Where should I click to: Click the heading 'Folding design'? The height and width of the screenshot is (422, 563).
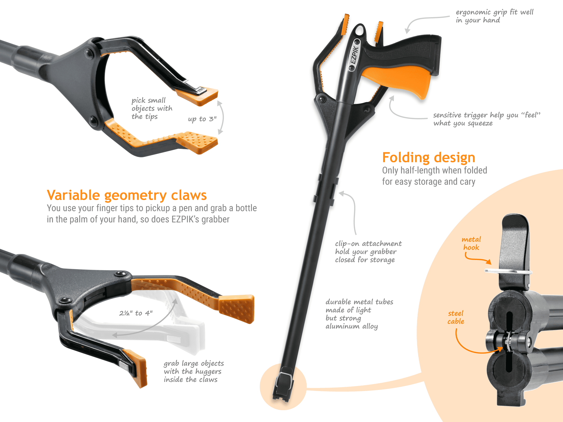[429, 158]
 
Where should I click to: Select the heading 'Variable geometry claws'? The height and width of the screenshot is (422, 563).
[127, 195]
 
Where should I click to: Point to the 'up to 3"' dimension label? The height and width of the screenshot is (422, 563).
[202, 119]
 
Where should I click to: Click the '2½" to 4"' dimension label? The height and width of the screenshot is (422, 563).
[136, 313]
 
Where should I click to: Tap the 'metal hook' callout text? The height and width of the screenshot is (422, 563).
[471, 243]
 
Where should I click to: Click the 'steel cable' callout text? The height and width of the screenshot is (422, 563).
[456, 317]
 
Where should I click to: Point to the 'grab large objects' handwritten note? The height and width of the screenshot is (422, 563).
[194, 372]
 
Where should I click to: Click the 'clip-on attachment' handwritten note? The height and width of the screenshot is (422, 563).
[368, 252]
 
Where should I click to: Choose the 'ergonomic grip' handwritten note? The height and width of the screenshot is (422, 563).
[495, 16]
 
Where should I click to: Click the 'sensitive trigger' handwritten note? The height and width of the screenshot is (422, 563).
[487, 119]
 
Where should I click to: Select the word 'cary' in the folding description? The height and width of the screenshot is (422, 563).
[468, 182]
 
